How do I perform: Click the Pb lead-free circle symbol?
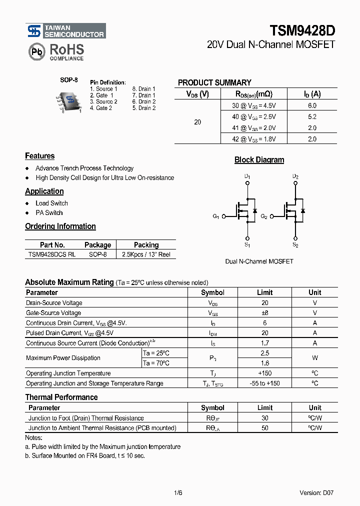coord(36,51)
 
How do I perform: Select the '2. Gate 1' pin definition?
coord(101,95)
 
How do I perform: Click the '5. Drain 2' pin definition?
coord(144,108)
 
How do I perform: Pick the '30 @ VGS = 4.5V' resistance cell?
coord(253,105)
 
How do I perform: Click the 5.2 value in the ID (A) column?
coord(312,116)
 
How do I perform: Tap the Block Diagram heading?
coord(259,160)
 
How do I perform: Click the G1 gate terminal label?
coord(215,216)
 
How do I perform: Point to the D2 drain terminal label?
coord(295,177)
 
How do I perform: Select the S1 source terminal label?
coord(247,245)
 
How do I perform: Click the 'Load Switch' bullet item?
coord(51,203)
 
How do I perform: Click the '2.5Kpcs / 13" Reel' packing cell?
coord(146,254)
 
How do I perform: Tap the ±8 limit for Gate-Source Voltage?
coord(264,313)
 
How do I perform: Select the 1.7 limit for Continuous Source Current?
coord(264,343)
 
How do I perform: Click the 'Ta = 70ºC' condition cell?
coord(156,363)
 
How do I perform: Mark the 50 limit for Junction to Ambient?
coord(264,428)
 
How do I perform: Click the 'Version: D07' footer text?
coord(316,492)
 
